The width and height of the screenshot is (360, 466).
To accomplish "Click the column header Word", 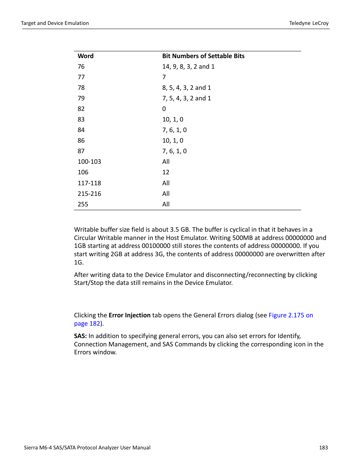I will tap(85, 56).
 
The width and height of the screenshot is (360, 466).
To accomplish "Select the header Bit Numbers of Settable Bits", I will tap(203, 56).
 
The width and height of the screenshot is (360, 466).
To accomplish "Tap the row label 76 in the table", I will tap(81, 66).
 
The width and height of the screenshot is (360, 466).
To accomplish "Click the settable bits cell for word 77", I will tap(164, 77).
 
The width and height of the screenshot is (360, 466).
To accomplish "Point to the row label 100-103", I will tap(89, 161).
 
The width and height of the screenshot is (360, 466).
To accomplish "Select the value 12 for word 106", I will tap(166, 172).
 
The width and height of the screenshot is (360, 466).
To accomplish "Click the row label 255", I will tap(83, 204).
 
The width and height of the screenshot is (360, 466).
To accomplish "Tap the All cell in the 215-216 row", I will tap(166, 194).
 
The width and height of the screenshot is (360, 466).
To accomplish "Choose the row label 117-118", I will tap(89, 183).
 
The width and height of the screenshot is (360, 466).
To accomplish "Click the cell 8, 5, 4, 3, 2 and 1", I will tap(186, 88).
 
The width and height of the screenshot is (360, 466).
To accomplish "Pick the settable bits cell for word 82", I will tap(164, 109).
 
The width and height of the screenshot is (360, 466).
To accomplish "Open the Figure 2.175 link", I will tap(291, 315).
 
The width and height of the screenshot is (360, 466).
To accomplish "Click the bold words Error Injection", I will tap(129, 315).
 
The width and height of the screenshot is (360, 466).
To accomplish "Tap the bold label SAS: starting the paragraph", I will tap(80, 336).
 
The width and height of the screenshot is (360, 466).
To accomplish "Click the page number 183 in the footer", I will tap(323, 448).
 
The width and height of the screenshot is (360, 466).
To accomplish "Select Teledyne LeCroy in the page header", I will tap(309, 23).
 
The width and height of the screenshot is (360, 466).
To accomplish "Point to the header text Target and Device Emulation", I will tap(55, 23).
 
